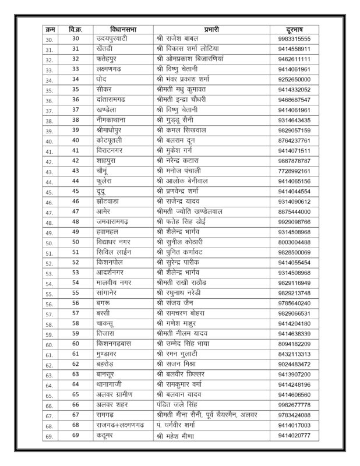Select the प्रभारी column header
(x=210, y=29)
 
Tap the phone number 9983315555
(x=298, y=38)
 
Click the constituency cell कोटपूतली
(x=112, y=140)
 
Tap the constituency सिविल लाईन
(x=114, y=253)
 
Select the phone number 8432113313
(x=298, y=355)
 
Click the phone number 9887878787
(x=298, y=161)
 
